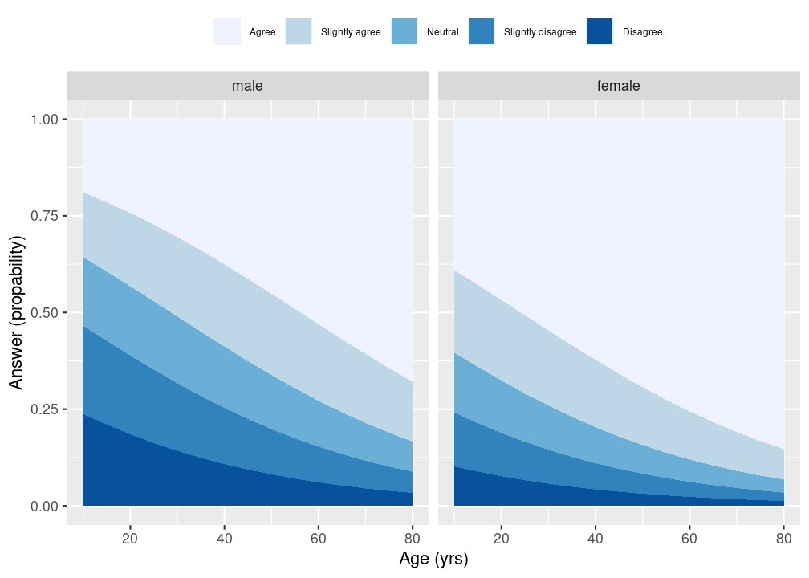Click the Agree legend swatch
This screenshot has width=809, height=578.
click(x=226, y=31)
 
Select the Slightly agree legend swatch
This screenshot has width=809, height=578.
click(x=299, y=31)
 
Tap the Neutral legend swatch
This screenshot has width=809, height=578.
click(x=404, y=31)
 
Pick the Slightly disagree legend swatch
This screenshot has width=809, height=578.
click(x=482, y=31)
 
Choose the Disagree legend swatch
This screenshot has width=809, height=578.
click(x=600, y=31)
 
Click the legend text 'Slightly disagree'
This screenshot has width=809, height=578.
click(x=540, y=32)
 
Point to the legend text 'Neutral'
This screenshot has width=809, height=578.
click(x=443, y=32)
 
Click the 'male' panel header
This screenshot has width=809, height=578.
click(x=248, y=86)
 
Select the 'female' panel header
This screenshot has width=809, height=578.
click(x=619, y=86)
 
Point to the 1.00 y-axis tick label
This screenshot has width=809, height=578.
click(x=44, y=120)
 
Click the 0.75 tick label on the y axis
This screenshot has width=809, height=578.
click(x=44, y=216)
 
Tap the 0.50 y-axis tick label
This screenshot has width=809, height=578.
click(x=44, y=313)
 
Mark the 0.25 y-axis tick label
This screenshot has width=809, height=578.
click(x=44, y=409)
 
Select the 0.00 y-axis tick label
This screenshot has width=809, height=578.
click(x=44, y=507)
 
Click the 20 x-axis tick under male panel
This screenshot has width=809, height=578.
click(x=130, y=539)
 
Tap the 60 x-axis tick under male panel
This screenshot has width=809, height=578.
click(x=319, y=539)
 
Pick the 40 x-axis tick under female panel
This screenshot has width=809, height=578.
click(x=596, y=539)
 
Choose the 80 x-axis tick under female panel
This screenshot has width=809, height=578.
click(x=783, y=539)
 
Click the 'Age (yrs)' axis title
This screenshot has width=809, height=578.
click(x=433, y=559)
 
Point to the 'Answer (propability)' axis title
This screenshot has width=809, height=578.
click(x=17, y=313)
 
